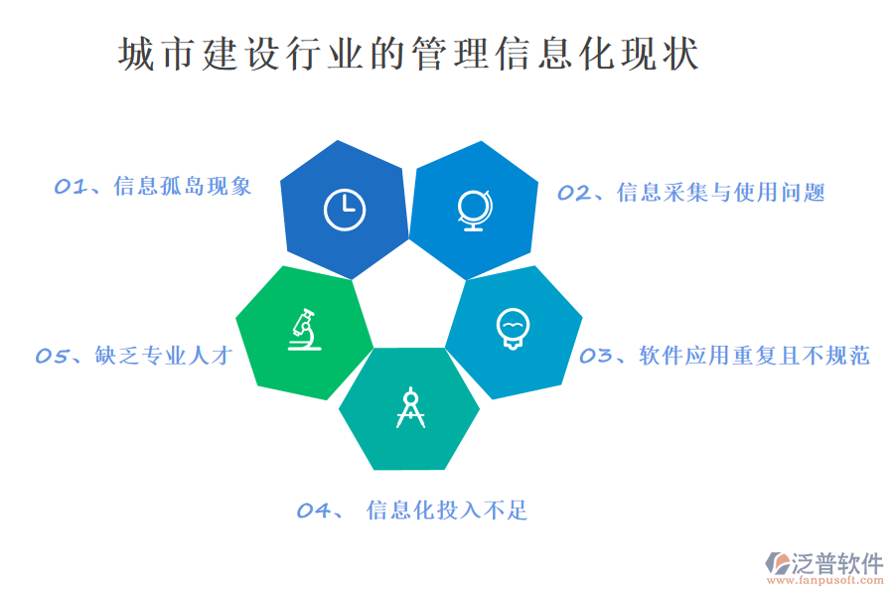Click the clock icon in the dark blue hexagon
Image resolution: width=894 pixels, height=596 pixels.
[345, 209]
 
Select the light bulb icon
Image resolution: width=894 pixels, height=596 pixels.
[512, 329]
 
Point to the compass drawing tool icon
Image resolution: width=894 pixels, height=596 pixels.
[410, 407]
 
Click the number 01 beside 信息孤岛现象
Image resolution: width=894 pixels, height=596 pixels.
[70, 187]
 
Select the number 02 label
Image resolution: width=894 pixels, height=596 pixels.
[573, 193]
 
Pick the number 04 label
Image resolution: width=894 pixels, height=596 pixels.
[313, 511]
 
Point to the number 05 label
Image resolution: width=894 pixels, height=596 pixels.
[51, 356]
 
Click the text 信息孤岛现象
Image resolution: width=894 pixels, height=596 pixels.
[183, 187]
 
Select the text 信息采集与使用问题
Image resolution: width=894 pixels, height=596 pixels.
[720, 193]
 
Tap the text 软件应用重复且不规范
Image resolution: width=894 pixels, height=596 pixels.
[754, 356]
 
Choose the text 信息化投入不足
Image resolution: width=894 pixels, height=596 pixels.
[447, 511]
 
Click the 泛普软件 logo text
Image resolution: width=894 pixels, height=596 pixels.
[837, 563]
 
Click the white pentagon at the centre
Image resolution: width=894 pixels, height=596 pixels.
[409, 298]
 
